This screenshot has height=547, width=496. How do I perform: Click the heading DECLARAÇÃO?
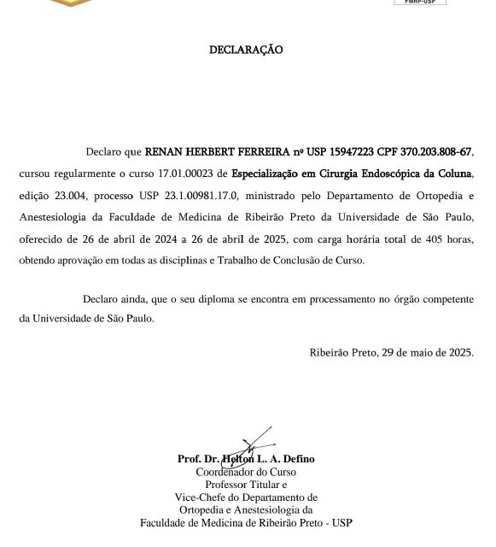pyautogui.click(x=246, y=50)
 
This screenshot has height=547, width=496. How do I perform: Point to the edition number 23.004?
pyautogui.click(x=72, y=196)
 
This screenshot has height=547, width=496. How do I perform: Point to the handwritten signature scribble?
pyautogui.click(x=254, y=444)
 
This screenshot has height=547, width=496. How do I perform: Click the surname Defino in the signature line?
pyautogui.click(x=295, y=459)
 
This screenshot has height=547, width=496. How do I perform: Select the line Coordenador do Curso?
pyautogui.click(x=246, y=472)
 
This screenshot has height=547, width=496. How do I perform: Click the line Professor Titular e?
pyautogui.click(x=246, y=485)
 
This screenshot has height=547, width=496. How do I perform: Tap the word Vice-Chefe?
pyautogui.click(x=200, y=497)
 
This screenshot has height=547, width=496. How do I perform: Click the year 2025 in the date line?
pyautogui.click(x=460, y=352)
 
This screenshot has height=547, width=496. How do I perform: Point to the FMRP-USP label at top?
pyautogui.click(x=419, y=3)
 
